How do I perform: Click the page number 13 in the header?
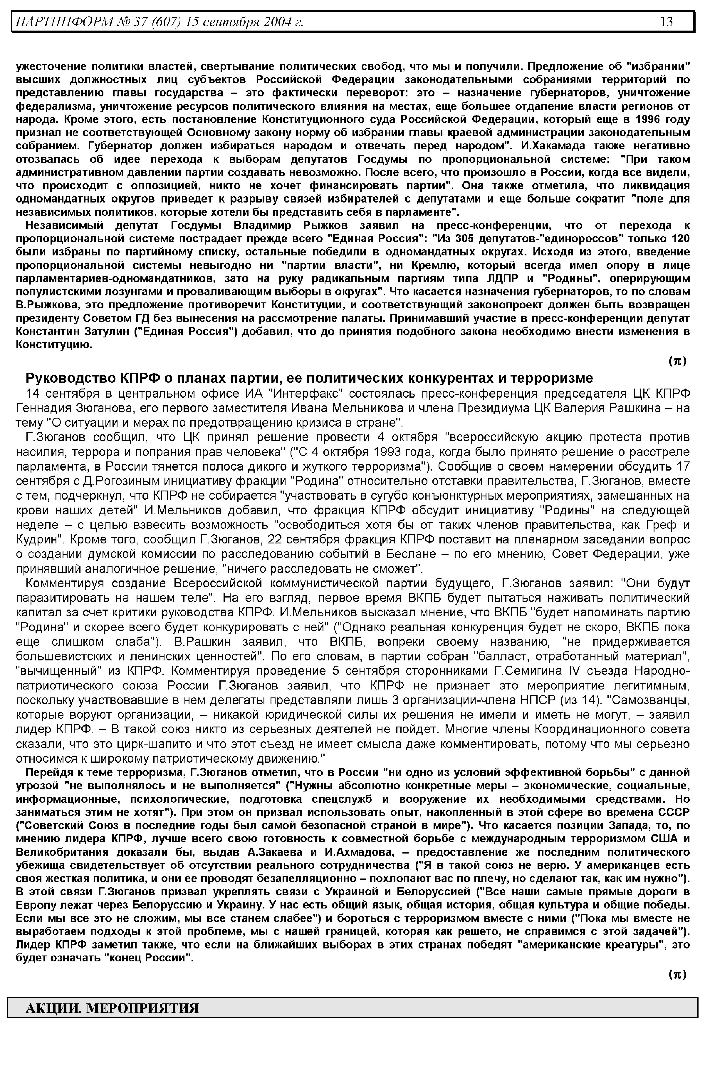667,21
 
